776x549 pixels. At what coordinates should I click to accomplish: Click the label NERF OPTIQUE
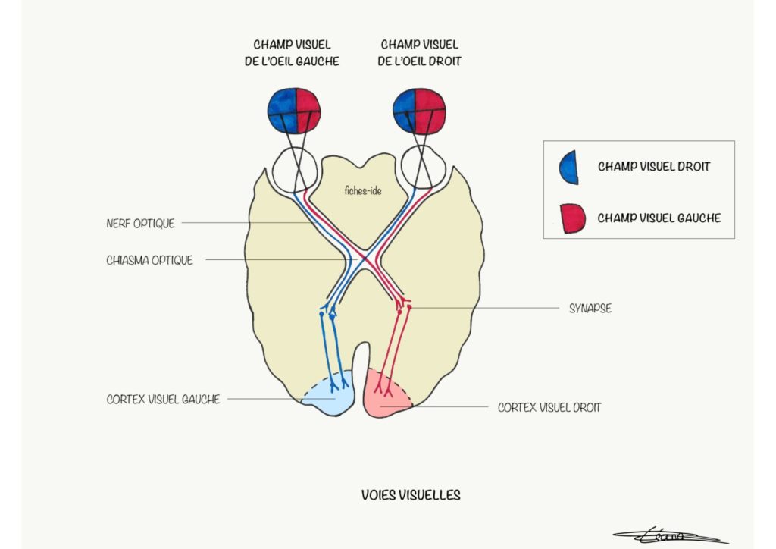point(141,224)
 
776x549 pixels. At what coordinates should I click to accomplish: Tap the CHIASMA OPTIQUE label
point(150,260)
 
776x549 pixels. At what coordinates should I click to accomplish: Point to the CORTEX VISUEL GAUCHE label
point(163,399)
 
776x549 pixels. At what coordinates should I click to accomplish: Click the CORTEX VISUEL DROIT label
point(549,407)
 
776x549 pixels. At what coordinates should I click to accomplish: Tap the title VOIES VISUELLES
point(411,495)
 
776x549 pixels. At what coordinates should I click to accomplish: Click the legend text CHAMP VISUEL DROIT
point(653,166)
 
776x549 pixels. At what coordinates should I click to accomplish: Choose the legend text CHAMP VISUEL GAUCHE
point(659,218)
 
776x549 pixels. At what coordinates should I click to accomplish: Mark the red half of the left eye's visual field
point(307,111)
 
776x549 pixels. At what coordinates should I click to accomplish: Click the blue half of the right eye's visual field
point(405,111)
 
